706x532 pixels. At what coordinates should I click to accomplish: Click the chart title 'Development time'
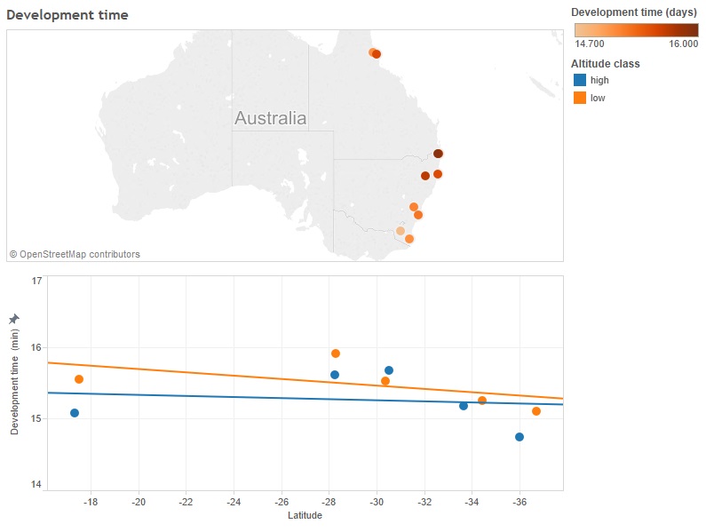[x=67, y=15]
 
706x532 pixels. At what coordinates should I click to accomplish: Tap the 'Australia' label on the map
[x=271, y=118]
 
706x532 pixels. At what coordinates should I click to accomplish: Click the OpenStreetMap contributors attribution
[x=75, y=254]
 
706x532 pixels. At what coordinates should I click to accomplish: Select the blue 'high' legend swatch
[x=580, y=80]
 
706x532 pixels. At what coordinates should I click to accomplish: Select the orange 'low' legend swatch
[x=580, y=98]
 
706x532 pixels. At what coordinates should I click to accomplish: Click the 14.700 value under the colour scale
[x=591, y=44]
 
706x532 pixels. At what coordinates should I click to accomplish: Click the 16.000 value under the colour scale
[x=683, y=44]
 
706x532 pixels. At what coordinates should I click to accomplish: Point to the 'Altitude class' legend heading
[x=606, y=64]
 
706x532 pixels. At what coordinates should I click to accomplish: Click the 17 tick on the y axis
[x=37, y=281]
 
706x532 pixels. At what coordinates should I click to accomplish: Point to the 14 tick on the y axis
[x=37, y=485]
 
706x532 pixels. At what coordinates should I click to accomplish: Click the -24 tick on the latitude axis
[x=234, y=503]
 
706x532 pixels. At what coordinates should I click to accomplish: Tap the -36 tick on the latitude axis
[x=520, y=503]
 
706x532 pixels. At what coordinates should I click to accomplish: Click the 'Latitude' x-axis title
[x=305, y=516]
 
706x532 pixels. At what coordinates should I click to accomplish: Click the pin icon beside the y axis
[x=14, y=319]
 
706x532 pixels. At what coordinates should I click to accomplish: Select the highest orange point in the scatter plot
[x=336, y=353]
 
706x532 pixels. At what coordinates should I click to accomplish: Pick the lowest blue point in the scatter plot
[x=520, y=437]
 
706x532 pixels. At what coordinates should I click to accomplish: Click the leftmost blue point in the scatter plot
[x=75, y=413]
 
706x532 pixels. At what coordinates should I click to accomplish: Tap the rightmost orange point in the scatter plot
[x=536, y=411]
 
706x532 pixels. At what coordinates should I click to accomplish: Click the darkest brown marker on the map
[x=438, y=154]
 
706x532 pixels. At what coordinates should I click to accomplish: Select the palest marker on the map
[x=401, y=231]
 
